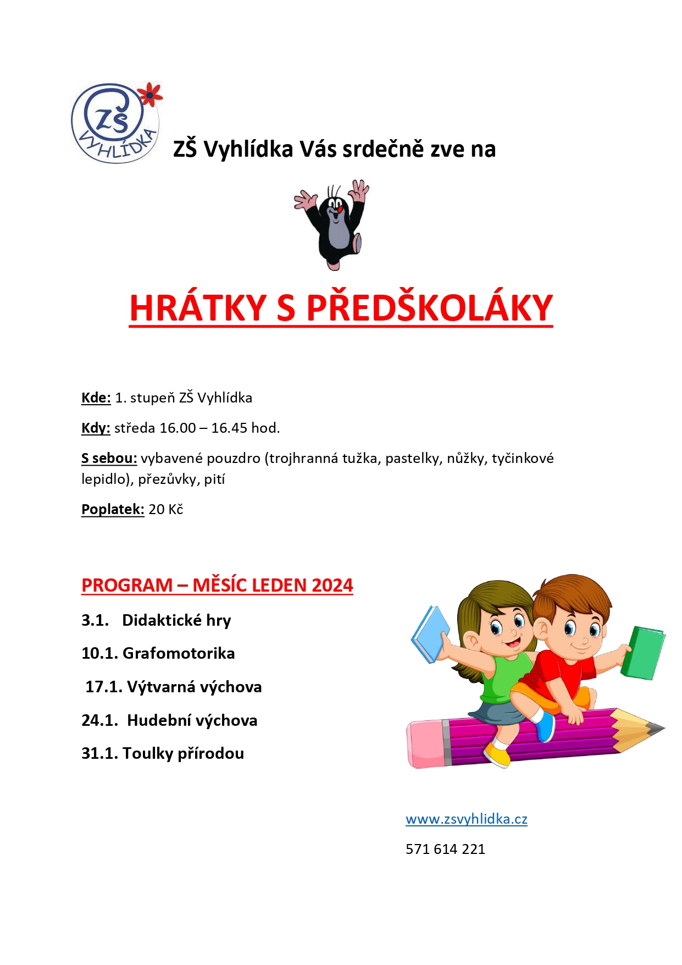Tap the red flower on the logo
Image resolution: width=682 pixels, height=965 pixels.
tap(149, 95)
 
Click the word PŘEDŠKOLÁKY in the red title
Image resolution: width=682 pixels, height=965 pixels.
tap(429, 308)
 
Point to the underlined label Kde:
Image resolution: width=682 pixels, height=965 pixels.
tap(96, 398)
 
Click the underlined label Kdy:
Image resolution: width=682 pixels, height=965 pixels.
tap(96, 428)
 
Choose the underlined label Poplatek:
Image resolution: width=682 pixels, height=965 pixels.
tap(113, 509)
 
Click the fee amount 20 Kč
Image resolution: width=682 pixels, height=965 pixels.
tap(165, 509)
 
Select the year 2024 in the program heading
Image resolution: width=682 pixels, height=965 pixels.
tap(332, 585)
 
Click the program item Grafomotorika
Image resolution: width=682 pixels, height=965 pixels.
tap(179, 653)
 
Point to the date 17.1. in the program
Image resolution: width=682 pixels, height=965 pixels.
tap(104, 687)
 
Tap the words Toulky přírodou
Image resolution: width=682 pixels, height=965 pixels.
tap(183, 753)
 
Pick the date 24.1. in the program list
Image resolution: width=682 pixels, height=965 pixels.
tap(99, 720)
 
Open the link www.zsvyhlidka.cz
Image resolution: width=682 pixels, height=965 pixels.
tap(467, 819)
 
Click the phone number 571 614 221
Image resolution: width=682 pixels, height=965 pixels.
tap(445, 849)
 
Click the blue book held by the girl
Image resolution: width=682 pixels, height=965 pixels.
tap(430, 634)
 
